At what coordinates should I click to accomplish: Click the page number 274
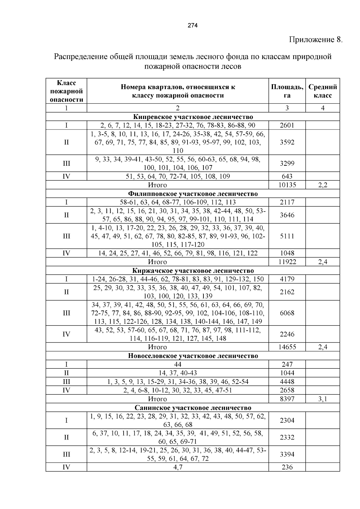pos(193,26)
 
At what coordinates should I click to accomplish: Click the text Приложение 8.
pos(315,40)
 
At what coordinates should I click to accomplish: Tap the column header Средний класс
pos(322,91)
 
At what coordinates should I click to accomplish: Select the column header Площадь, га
pos(287,91)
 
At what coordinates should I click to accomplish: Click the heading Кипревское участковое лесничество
pos(193,117)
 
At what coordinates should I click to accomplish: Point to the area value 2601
pos(287,125)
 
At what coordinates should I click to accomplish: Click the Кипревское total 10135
pos(287,185)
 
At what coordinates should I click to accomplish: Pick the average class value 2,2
pos(322,185)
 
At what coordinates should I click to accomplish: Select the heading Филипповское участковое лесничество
pos(193,194)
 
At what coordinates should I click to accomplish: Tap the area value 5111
pos(287,236)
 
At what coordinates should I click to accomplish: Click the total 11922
pos(287,262)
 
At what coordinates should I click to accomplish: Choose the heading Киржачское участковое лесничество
pos(193,271)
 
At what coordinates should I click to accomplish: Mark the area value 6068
pos(287,313)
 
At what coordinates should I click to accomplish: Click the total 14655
pos(287,347)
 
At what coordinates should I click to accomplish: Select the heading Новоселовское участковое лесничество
pos(193,356)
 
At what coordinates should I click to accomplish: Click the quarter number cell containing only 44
pos(178,365)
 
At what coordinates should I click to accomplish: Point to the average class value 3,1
pos(322,399)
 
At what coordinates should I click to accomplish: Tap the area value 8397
pos(287,399)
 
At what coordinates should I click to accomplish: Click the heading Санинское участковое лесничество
pos(193,408)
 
